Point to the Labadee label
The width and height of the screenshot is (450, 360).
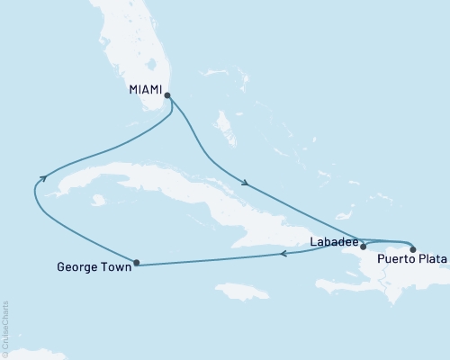(x=335, y=241)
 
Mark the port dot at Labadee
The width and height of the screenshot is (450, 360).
(x=364, y=245)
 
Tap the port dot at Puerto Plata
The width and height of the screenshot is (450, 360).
(x=412, y=248)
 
